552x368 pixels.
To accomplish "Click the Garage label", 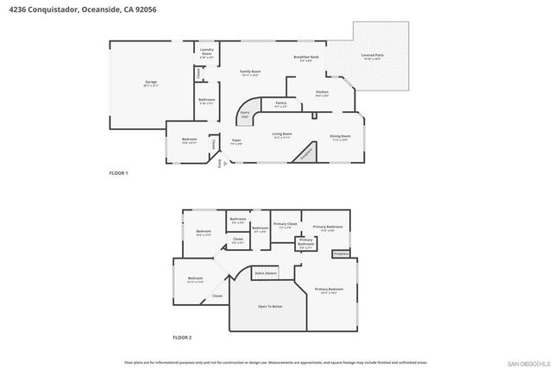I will tap(151, 84).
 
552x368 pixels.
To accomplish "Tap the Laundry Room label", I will tap(206, 53).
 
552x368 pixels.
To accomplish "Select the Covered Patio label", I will tap(373, 57).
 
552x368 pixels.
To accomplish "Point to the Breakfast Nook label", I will tap(305, 59).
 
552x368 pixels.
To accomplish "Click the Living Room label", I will tap(282, 135).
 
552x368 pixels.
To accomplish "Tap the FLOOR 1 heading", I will tap(118, 173).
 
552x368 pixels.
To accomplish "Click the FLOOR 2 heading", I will tap(181, 337).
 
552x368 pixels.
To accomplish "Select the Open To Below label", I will tap(270, 307).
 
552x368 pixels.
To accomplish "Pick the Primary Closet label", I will tap(285, 226).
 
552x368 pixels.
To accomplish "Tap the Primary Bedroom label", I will tap(329, 290).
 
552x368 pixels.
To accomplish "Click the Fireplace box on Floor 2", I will tap(340, 253).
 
